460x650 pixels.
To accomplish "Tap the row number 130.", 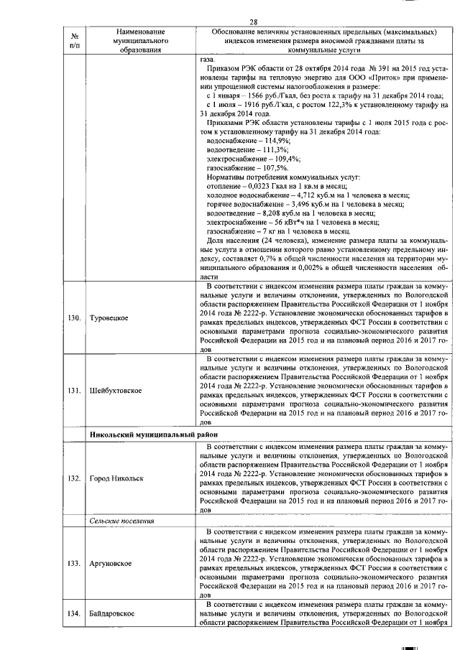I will [x=74, y=317].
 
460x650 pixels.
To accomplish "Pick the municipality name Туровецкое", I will [x=111, y=317].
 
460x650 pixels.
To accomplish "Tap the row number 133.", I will [x=74, y=563].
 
